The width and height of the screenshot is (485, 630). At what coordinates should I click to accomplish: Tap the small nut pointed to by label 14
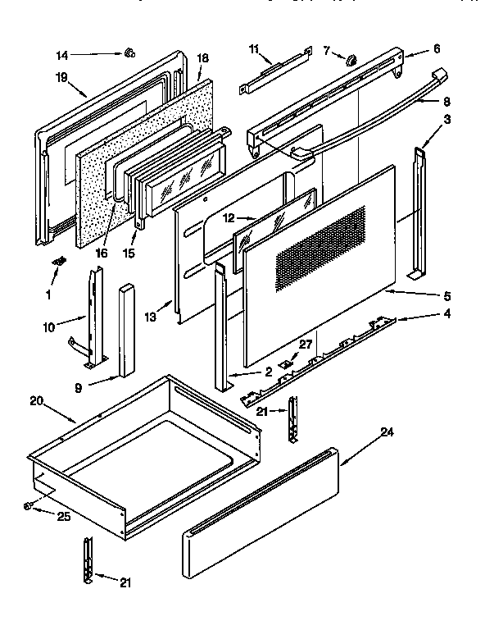point(129,54)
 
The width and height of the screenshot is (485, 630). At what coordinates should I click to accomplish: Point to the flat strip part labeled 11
point(275,71)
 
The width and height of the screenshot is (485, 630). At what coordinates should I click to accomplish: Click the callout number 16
point(102,253)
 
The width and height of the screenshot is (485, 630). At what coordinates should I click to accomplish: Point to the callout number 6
point(436,48)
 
